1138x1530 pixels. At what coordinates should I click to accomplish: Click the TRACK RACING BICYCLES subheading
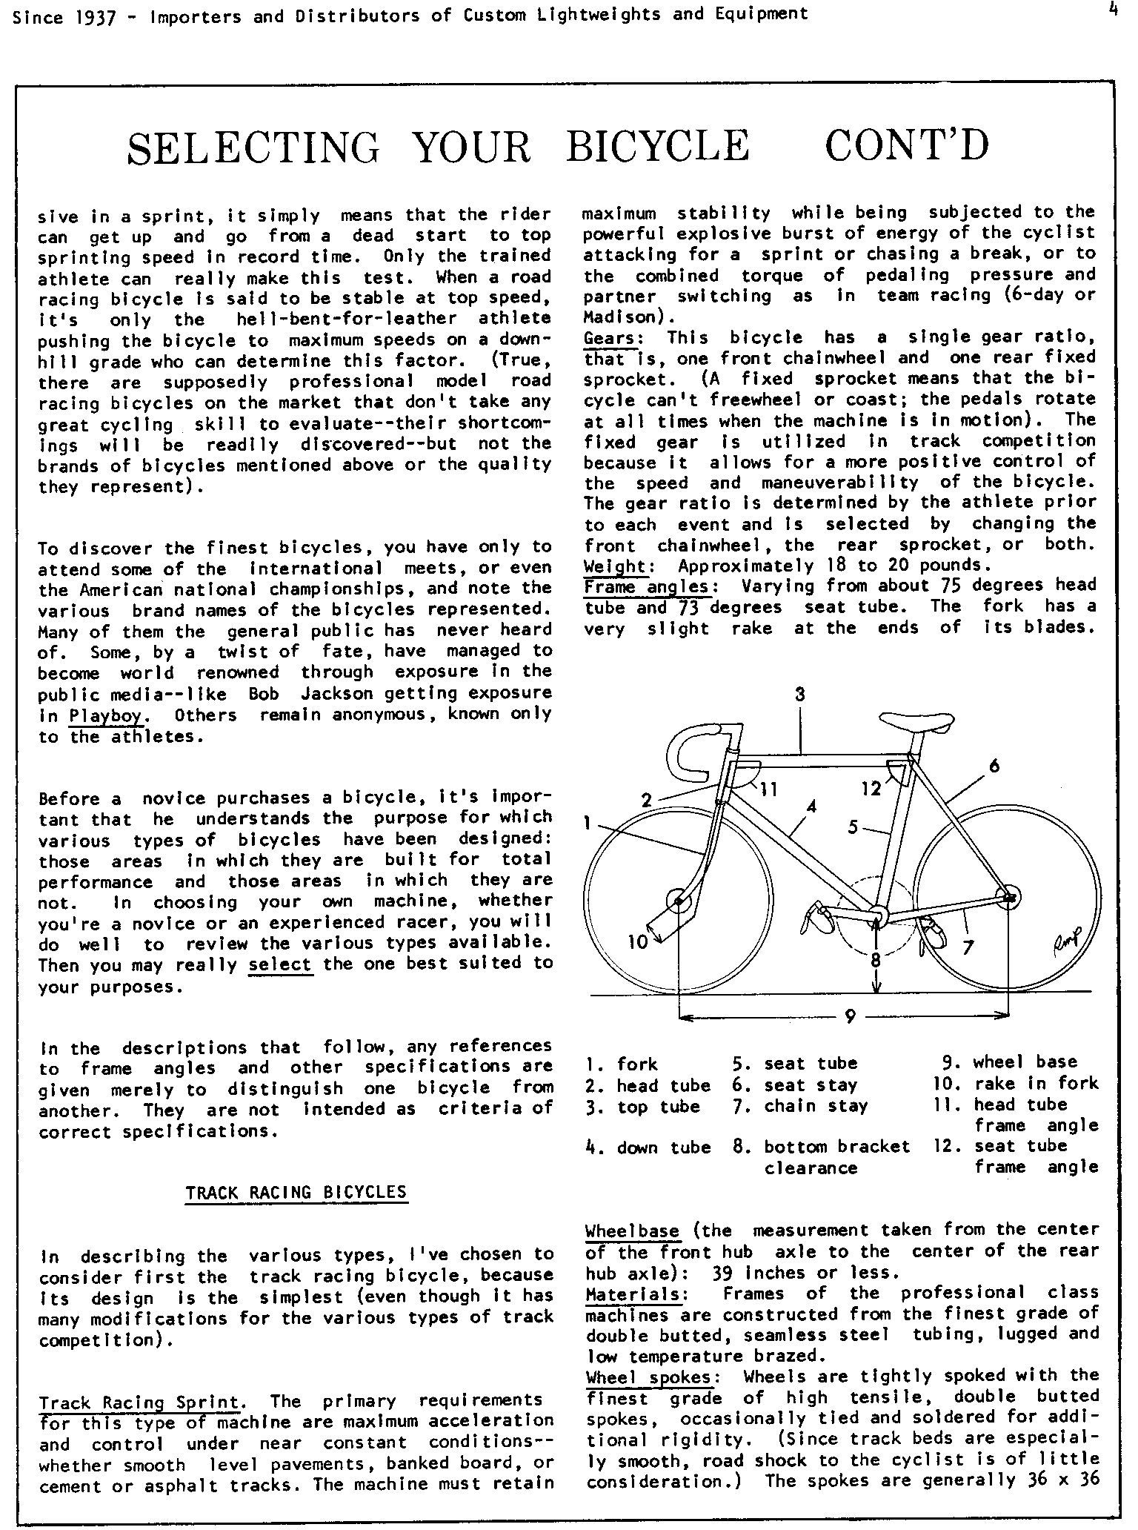(296, 1192)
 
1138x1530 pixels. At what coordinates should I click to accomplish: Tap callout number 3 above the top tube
(800, 695)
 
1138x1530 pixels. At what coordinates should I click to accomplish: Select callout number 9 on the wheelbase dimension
(849, 1017)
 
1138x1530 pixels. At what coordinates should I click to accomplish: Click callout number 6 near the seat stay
(994, 766)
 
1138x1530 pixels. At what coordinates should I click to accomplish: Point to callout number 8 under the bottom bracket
(876, 959)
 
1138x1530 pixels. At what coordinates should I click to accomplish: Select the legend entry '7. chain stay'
(800, 1107)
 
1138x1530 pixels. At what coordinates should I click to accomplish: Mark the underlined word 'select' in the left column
(281, 964)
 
